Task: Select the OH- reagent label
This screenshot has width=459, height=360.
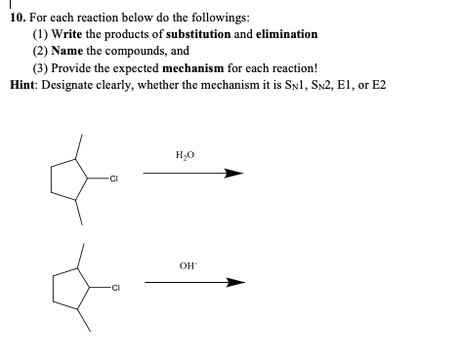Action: point(187,261)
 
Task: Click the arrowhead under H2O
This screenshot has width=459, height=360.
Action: point(232,175)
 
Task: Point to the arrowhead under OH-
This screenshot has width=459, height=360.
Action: point(232,283)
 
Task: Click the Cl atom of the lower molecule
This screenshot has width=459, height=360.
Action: point(116,288)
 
